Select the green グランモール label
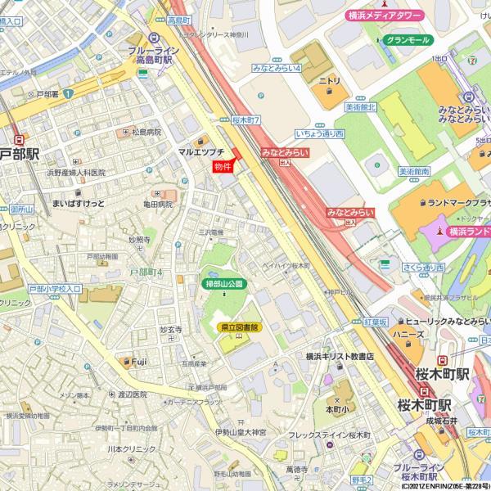(x=407, y=39)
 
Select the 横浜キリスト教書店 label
(x=340, y=357)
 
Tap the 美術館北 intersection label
(x=360, y=107)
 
